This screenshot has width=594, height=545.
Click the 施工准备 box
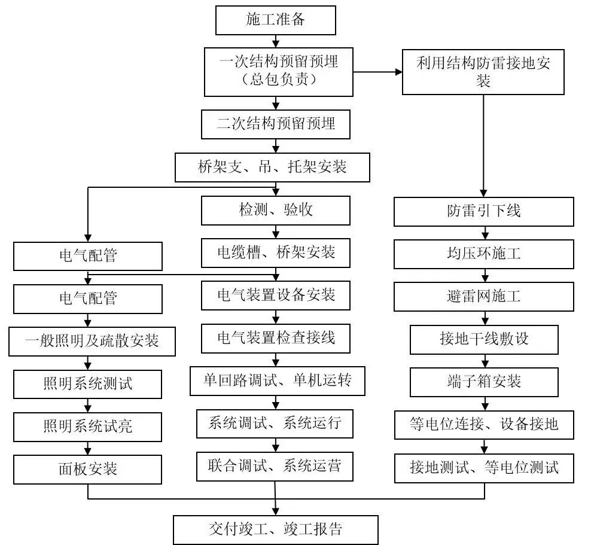(x=275, y=20)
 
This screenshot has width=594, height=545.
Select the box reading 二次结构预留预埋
(x=275, y=124)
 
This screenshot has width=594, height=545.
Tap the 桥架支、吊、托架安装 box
(x=272, y=167)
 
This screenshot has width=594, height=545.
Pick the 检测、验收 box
(x=275, y=210)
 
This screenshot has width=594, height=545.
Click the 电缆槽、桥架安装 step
(x=275, y=252)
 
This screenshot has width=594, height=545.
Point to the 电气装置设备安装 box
(x=275, y=295)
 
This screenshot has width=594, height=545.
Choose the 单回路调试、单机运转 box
(x=277, y=380)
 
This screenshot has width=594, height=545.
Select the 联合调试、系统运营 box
(x=275, y=465)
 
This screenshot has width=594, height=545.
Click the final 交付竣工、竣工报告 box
(x=275, y=529)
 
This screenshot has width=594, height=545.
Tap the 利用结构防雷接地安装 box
(x=483, y=72)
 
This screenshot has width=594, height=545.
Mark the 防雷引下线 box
(x=483, y=211)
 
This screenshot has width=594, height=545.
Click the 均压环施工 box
(x=483, y=253)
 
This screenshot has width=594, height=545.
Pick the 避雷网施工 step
(x=483, y=296)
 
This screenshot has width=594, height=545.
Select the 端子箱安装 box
(x=483, y=381)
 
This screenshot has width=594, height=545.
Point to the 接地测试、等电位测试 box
(x=483, y=467)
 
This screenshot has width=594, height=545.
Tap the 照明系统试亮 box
(x=88, y=427)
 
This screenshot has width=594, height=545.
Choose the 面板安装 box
(x=88, y=469)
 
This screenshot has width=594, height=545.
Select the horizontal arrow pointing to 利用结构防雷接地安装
(x=377, y=72)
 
